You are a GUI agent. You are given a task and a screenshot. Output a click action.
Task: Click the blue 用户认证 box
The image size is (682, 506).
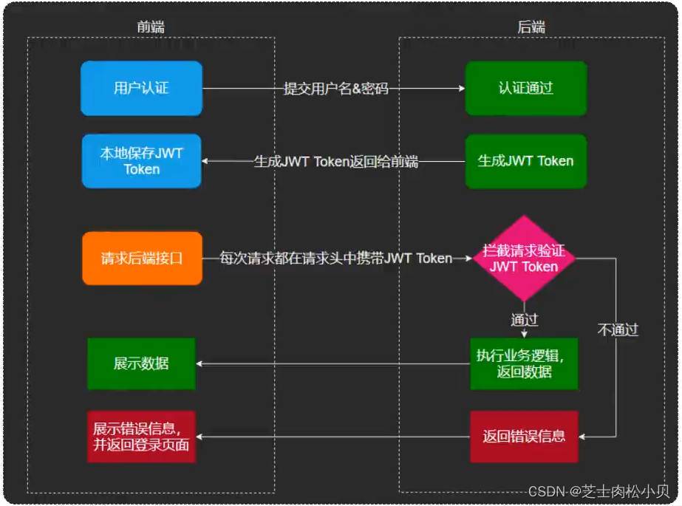point(141,89)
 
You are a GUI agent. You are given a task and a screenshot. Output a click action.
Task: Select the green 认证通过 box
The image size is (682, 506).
point(525,89)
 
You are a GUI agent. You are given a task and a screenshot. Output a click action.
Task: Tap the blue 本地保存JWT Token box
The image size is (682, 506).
point(141,161)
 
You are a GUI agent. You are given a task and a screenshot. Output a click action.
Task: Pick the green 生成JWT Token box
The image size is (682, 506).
point(525,161)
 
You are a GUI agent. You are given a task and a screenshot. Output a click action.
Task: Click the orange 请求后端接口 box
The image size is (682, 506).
point(141,259)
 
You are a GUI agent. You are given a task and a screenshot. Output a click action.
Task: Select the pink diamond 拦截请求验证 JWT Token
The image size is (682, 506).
point(524,259)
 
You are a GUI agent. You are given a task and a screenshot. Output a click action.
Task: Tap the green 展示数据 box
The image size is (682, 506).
point(141,363)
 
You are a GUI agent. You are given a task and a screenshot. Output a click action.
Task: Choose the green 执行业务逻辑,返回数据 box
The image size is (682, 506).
point(524,363)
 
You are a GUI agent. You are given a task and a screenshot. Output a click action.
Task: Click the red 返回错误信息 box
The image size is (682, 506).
point(524,436)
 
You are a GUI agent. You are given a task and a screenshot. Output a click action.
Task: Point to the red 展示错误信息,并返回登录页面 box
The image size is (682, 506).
point(141,437)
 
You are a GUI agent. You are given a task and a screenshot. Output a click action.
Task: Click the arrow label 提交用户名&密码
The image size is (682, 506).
point(335,89)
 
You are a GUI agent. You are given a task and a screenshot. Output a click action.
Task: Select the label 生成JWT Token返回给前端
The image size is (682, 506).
point(336,161)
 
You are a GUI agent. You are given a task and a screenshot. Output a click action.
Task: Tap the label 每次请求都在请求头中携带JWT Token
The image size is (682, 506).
point(336,259)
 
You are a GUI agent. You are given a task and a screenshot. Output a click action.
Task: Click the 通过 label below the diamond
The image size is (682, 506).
point(524,320)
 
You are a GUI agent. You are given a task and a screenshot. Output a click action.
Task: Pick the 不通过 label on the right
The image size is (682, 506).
point(617,330)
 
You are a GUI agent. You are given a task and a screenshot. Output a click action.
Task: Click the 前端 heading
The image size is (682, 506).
point(151,27)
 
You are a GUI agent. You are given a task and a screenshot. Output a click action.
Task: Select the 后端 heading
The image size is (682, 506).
point(531,27)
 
